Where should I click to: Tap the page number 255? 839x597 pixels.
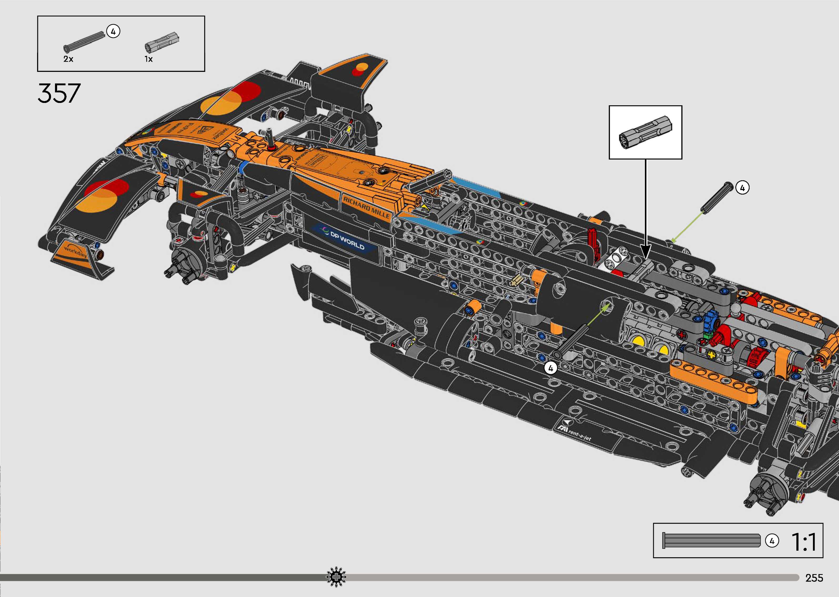[x=814, y=578]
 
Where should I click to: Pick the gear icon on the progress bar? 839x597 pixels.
[x=336, y=578]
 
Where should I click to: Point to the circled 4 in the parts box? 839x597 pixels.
[x=113, y=32]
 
